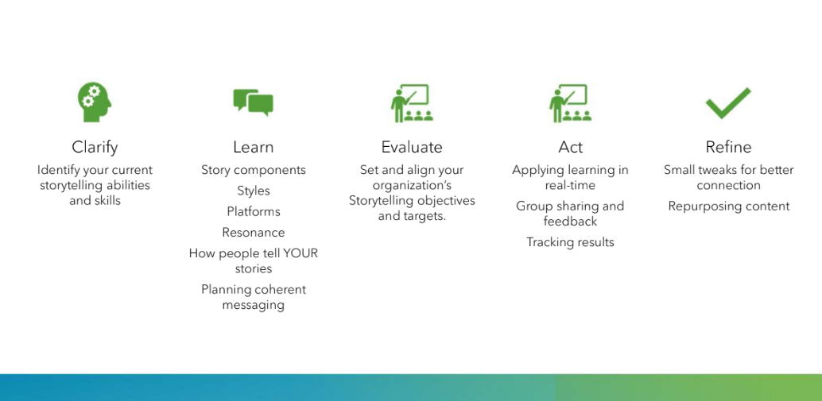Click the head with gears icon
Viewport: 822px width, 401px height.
point(95,102)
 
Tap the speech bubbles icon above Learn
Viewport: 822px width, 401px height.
point(254,102)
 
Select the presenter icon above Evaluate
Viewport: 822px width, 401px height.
point(412,103)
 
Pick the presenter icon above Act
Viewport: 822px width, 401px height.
point(570,103)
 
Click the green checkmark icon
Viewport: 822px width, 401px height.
point(728,103)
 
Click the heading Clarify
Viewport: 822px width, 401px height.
point(95,148)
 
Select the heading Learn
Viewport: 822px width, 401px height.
point(254,147)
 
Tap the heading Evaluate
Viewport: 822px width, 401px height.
point(412,147)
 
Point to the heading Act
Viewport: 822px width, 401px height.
point(570,147)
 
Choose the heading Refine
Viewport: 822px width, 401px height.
point(729,147)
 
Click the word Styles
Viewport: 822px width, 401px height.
point(254,191)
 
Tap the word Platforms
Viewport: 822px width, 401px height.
point(254,211)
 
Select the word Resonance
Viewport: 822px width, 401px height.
point(254,233)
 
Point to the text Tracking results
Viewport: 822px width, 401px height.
point(570,242)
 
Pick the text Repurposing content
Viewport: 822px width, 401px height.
point(729,206)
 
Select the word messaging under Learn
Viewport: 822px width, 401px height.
point(254,305)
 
